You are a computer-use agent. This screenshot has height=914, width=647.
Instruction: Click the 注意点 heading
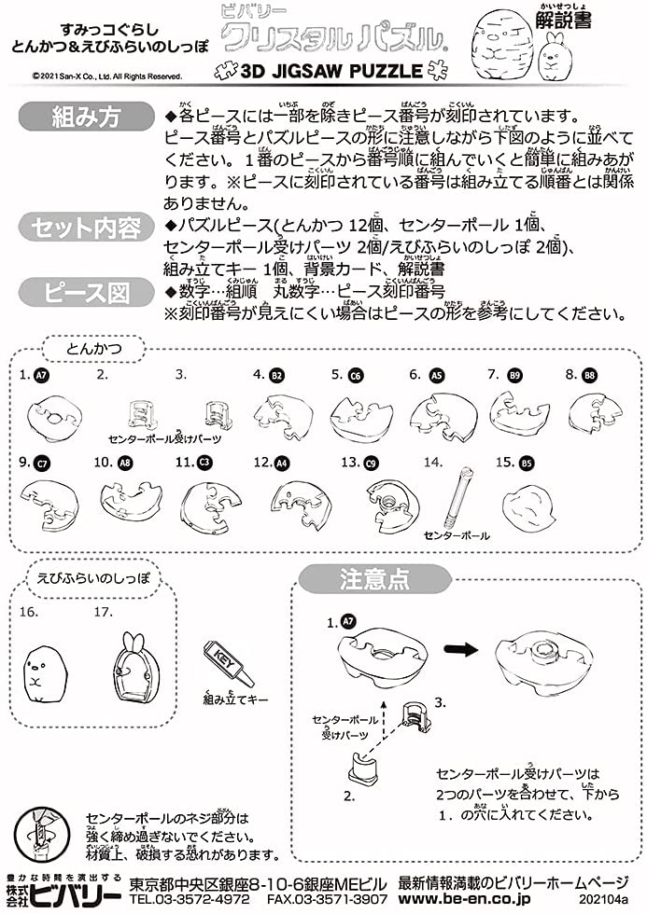pos(373,579)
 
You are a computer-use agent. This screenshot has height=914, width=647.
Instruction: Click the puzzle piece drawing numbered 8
pos(594,411)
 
